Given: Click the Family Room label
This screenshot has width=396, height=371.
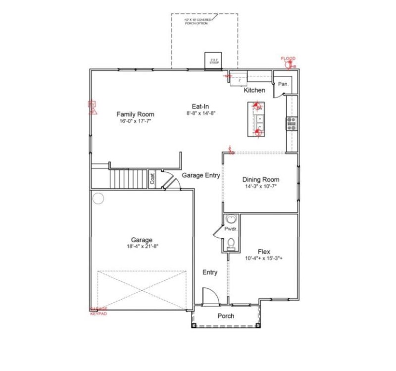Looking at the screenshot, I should click(133, 113).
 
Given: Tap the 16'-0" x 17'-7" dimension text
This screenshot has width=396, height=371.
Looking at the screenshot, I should click(133, 121).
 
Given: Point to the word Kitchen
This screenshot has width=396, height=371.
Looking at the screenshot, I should click(254, 91).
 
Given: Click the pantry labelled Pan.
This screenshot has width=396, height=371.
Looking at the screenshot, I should click(283, 84).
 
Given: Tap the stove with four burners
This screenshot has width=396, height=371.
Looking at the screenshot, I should click(291, 123).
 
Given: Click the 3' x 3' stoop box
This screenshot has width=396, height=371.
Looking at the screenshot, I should click(214, 59).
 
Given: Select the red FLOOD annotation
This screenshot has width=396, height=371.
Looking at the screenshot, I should click(288, 59).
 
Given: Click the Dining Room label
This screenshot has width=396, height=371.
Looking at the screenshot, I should click(260, 180).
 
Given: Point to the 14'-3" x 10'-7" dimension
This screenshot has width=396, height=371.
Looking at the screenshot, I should click(260, 187).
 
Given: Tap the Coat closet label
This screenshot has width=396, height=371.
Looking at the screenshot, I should click(152, 179).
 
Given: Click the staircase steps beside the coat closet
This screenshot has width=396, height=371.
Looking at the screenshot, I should click(128, 178).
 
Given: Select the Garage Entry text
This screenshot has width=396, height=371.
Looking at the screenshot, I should click(200, 175).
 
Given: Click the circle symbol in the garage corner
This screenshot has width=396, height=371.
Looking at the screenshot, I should click(98, 199).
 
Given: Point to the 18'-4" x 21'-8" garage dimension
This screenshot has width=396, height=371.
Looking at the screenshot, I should click(142, 246).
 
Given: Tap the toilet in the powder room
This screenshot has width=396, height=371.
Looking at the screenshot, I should click(231, 244).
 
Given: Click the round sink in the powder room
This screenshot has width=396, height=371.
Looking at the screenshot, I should click(231, 220).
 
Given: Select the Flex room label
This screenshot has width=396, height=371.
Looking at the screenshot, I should click(264, 251).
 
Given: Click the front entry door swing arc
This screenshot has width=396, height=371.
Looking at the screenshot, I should click(210, 294).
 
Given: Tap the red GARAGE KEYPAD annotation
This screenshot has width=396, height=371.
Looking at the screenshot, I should click(98, 311).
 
